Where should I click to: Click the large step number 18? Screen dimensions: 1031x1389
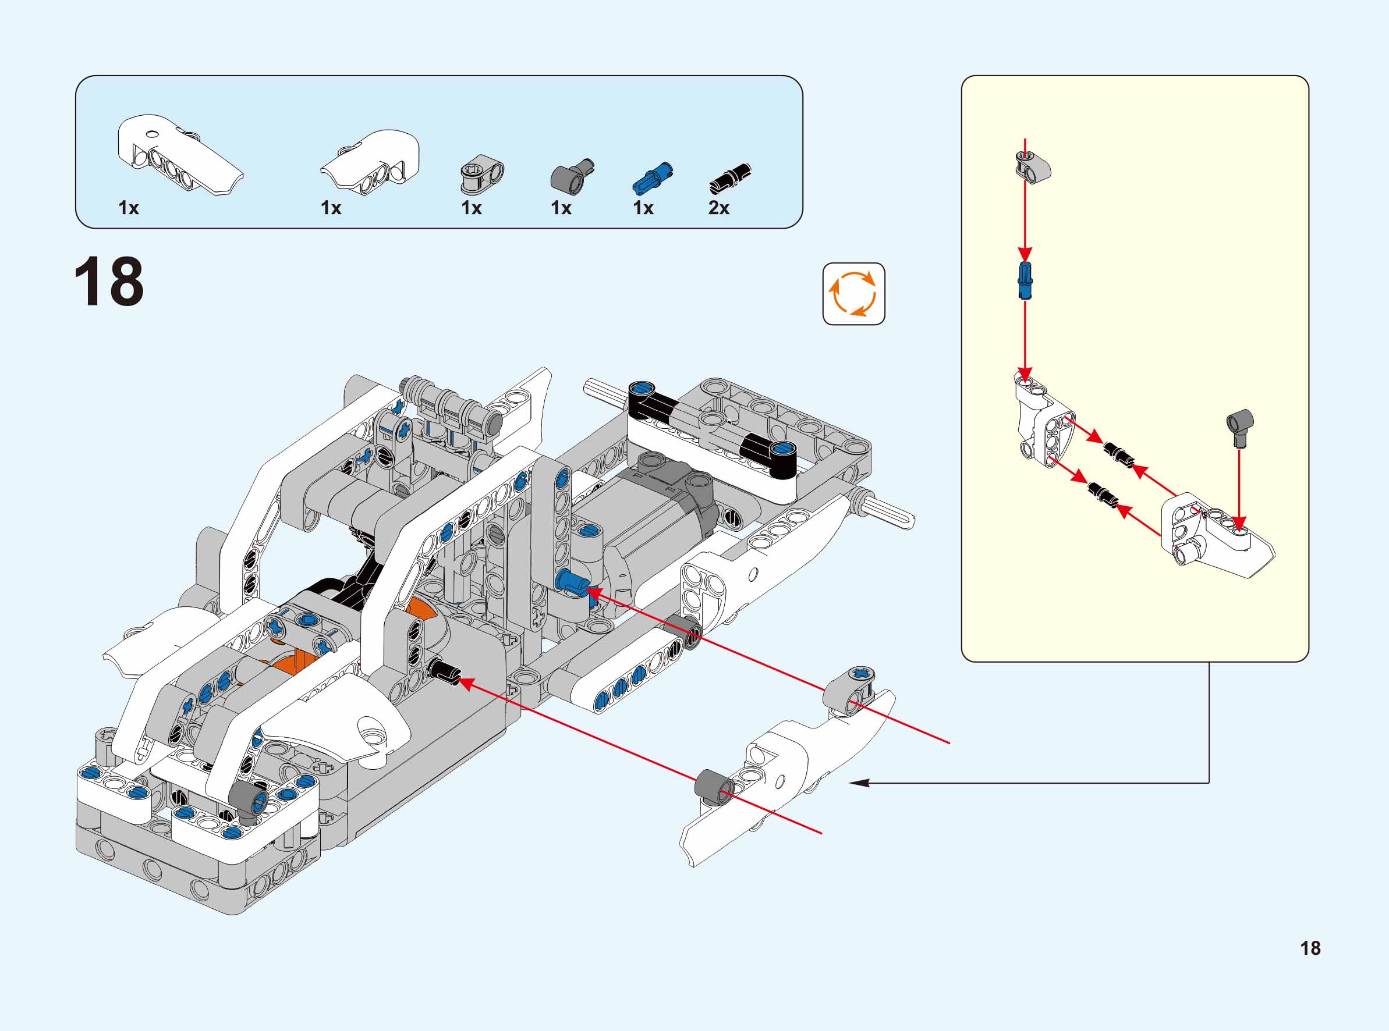tap(109, 282)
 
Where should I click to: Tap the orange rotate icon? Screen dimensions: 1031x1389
tap(853, 293)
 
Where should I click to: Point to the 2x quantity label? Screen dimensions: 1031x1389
tap(718, 208)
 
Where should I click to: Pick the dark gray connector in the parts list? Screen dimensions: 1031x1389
tap(571, 175)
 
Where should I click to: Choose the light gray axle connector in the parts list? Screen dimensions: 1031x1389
tap(481, 173)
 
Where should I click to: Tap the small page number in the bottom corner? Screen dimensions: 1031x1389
tap(1310, 948)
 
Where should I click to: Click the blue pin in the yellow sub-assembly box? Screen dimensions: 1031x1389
tap(1025, 281)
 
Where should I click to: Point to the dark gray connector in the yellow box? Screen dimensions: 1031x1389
tap(1240, 428)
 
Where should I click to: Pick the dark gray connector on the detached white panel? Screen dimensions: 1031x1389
tap(711, 785)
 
